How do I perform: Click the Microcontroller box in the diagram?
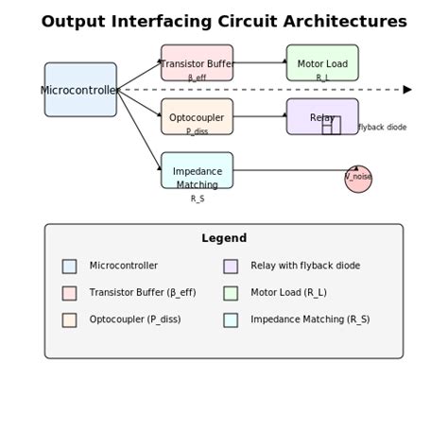tap(80, 90)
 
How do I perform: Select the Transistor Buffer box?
tap(197, 62)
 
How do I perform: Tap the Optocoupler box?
tap(197, 116)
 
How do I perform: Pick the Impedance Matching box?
tap(197, 170)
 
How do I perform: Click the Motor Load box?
tap(322, 62)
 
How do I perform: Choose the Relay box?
tap(322, 116)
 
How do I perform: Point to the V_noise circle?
tap(358, 179)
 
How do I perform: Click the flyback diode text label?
tap(382, 128)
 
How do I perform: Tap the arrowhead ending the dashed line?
tap(407, 90)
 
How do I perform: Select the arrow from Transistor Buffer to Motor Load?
tap(260, 62)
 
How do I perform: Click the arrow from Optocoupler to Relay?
tap(260, 116)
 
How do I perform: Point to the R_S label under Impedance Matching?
tap(197, 199)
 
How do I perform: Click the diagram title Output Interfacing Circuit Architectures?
tap(224, 22)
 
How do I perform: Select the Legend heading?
tap(224, 238)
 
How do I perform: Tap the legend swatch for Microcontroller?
tap(69, 267)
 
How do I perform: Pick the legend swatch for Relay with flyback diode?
tap(231, 267)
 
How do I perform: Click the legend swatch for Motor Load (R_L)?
tap(231, 293)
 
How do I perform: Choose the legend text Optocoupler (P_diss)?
tap(135, 319)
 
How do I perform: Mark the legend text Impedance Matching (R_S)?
tap(310, 319)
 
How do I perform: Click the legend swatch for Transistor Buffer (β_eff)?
tap(69, 293)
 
